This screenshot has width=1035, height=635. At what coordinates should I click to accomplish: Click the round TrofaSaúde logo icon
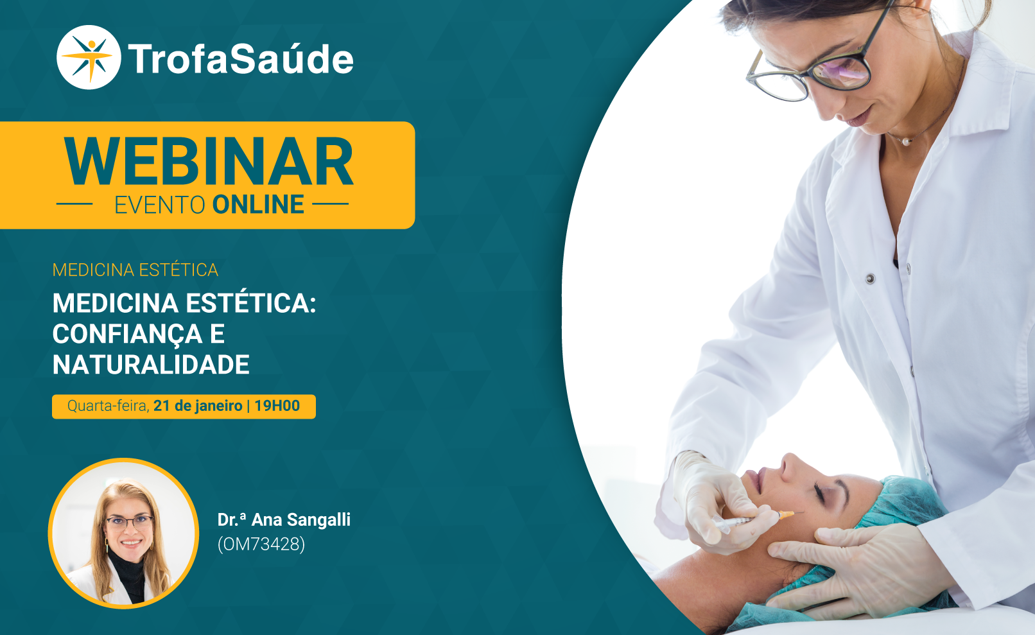tap(89, 57)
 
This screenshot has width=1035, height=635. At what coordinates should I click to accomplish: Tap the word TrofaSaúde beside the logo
tap(240, 58)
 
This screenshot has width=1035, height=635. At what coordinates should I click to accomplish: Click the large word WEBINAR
tap(209, 161)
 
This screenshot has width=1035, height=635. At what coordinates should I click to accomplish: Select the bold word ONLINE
tap(258, 205)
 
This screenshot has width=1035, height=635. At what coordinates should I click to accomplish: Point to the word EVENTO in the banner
tap(159, 205)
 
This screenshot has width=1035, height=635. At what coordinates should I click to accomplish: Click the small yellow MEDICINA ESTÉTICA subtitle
tap(135, 270)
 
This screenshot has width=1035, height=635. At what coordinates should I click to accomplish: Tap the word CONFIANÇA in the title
tap(127, 334)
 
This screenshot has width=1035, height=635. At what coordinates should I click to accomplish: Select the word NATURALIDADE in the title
tap(151, 365)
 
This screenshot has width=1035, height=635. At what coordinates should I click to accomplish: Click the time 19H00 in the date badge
tap(277, 406)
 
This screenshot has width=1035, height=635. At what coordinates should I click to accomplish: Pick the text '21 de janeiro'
tap(198, 406)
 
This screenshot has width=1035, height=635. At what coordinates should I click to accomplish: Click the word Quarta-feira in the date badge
tap(108, 406)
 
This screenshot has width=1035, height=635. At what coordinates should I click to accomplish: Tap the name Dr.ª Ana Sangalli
tap(284, 519)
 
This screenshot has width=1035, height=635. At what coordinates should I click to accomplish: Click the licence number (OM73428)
tap(261, 544)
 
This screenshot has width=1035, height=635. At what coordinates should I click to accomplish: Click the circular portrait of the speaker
tap(123, 534)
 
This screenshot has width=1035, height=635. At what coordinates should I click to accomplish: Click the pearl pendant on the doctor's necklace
tap(905, 142)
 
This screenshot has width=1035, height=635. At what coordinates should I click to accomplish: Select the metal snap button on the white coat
tap(870, 278)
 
